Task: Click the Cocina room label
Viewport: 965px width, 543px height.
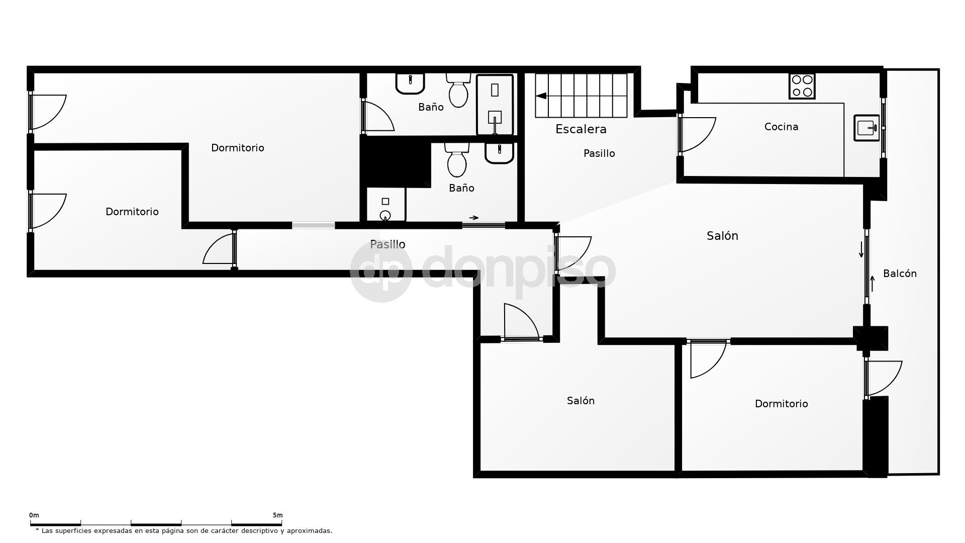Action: point(781,127)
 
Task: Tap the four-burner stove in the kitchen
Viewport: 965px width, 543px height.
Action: point(802,86)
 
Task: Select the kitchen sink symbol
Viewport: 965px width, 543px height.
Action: point(866,128)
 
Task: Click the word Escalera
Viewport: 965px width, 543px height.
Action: point(581,129)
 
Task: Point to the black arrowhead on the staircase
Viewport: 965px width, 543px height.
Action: point(541,96)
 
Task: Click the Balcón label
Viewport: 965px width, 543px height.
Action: point(900,274)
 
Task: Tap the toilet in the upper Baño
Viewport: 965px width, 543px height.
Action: point(458,90)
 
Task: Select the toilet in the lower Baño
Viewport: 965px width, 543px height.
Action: point(456,160)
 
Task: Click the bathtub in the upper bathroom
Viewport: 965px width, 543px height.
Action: point(495,105)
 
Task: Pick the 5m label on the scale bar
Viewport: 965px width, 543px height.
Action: point(277,515)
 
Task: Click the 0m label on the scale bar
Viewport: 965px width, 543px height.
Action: point(34,515)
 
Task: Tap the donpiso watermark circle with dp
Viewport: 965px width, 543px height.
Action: point(381,271)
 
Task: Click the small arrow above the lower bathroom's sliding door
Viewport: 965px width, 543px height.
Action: point(473,218)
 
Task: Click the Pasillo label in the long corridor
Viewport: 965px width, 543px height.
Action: point(388,244)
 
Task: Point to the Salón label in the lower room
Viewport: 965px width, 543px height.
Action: point(581,401)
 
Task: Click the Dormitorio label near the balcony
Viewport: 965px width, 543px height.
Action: point(781,404)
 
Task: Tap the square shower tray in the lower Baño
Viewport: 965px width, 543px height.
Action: point(385,205)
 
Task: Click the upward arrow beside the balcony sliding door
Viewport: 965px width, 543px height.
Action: point(873,284)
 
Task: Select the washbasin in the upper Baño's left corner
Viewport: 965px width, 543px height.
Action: point(410,82)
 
